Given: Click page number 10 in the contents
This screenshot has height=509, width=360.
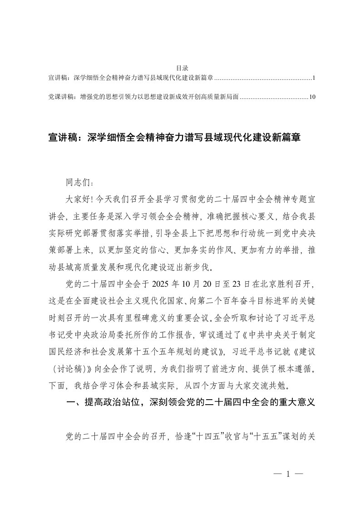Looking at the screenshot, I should click(x=311, y=97).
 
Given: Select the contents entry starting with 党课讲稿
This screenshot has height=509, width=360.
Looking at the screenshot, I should click(x=143, y=97).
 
